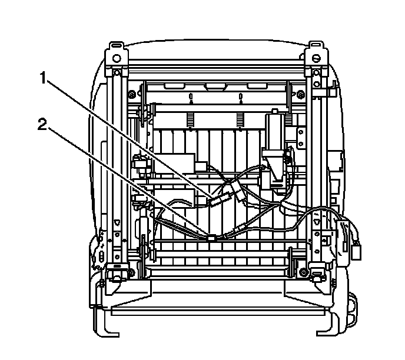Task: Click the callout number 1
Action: (43, 76)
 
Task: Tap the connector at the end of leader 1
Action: (217, 199)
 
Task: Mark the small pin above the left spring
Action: (190, 97)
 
